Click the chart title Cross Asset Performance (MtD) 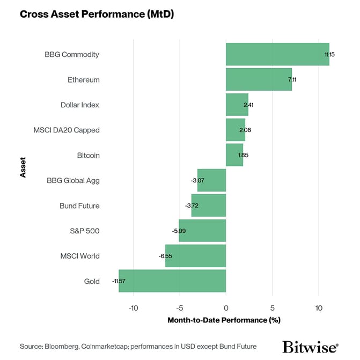(97, 14)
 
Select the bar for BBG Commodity (277, 54)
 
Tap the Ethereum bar (259, 79)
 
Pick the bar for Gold (172, 281)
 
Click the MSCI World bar (195, 256)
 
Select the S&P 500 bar (202, 231)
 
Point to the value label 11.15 (330, 55)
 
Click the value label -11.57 (119, 281)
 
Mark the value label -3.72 (192, 206)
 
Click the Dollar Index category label (80, 105)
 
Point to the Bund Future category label (79, 205)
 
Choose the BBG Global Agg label (74, 180)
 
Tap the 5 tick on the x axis (273, 308)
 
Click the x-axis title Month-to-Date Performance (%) (224, 320)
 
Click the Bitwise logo (310, 347)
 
